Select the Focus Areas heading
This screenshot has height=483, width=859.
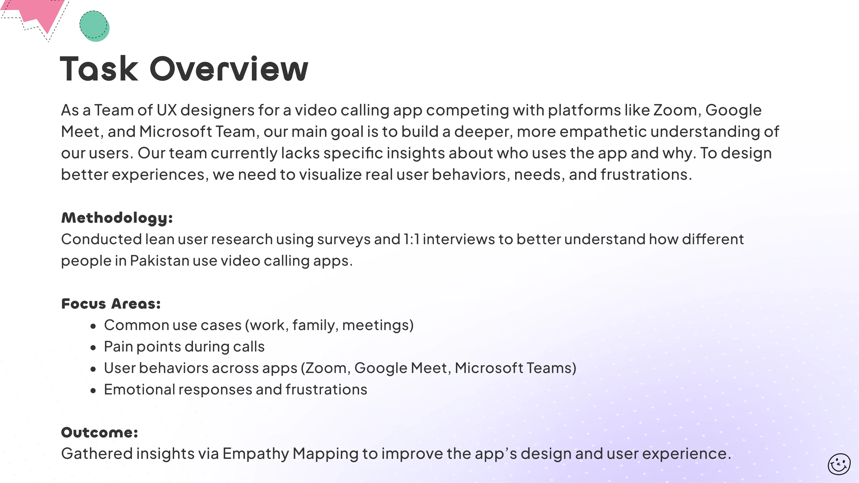point(111,304)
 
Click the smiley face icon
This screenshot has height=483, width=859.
point(839,464)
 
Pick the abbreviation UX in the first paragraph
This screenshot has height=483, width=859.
point(167,110)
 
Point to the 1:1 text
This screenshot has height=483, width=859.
point(412,239)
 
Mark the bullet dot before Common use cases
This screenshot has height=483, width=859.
point(93,326)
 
